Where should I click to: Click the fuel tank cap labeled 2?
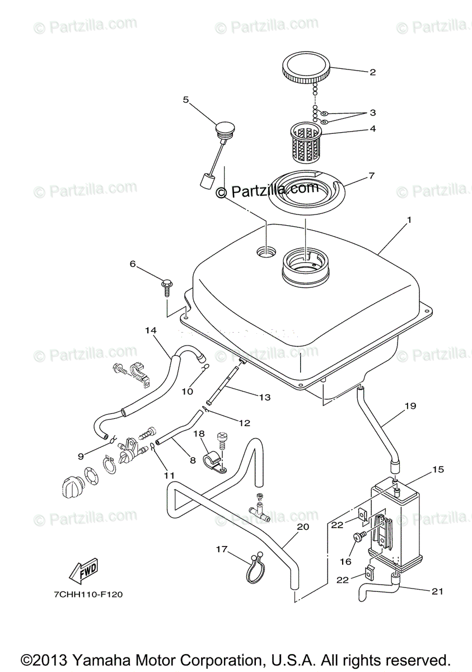(x=307, y=67)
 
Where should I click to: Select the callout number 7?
(x=371, y=175)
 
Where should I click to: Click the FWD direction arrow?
(x=83, y=572)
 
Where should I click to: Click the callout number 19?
(x=410, y=406)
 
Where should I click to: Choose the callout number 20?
(x=303, y=527)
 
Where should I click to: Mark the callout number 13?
(x=264, y=397)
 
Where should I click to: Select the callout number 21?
(x=437, y=591)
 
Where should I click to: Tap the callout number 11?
(x=166, y=475)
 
